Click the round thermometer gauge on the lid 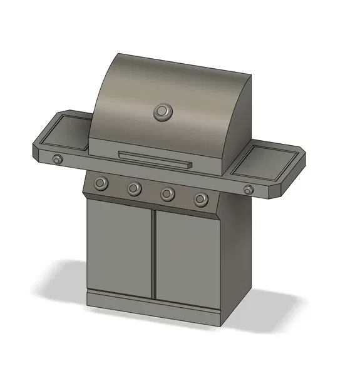point(162,112)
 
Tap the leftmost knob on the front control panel point(100,183)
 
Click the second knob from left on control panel point(134,188)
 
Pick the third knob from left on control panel point(167,194)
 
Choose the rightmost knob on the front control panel point(200,200)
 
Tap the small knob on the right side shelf point(249,190)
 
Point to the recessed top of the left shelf point(67,132)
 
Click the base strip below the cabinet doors point(153,304)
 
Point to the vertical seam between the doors point(154,253)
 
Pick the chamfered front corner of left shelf point(39,153)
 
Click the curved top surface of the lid point(175,78)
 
